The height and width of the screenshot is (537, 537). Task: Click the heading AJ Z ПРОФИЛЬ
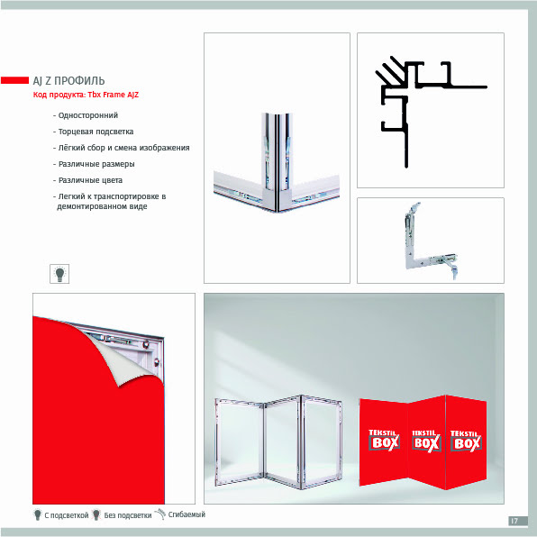[x=68, y=81]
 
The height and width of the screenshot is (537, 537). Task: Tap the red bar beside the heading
[x=14, y=80]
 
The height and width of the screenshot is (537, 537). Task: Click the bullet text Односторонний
[x=86, y=115]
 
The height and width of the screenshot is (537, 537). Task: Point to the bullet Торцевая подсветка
[x=93, y=132]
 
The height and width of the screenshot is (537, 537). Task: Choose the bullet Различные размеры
[x=94, y=164]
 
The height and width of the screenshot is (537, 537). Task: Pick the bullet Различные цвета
[x=87, y=180]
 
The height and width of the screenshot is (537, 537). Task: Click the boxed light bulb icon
[x=59, y=274]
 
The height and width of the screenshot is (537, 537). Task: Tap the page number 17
[x=514, y=521]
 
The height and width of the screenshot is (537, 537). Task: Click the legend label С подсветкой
[x=67, y=515]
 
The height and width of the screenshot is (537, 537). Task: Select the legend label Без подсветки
[x=128, y=515]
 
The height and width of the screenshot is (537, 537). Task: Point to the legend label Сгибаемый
[x=187, y=514]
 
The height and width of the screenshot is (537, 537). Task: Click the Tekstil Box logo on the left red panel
[x=385, y=440]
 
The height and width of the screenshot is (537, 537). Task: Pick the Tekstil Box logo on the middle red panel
[x=426, y=441]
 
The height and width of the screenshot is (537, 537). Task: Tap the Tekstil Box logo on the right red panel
[x=466, y=441]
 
